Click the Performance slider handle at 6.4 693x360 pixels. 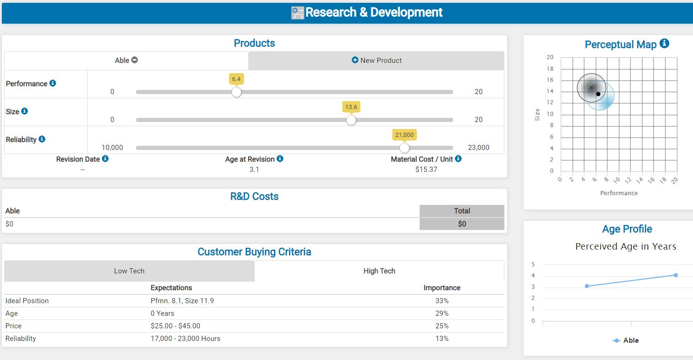(x=237, y=92)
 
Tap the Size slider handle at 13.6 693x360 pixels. (x=351, y=120)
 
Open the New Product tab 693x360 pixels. (x=376, y=61)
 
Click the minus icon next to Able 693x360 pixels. (x=135, y=60)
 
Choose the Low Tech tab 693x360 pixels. (x=129, y=271)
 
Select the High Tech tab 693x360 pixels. (x=379, y=271)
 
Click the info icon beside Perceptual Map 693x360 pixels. (x=665, y=44)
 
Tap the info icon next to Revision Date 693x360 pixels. (x=105, y=159)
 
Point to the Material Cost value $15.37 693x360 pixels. (x=426, y=170)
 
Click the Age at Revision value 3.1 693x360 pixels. (x=254, y=170)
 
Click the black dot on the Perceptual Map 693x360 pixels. (x=598, y=94)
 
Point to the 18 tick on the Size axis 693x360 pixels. (x=550, y=69)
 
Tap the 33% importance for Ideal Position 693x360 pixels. (x=442, y=301)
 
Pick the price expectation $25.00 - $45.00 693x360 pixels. (x=175, y=326)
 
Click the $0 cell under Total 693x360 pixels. (x=462, y=224)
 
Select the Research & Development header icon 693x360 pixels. (x=297, y=13)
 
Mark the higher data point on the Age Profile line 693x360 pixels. (x=675, y=275)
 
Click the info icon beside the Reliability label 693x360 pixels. (x=42, y=139)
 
